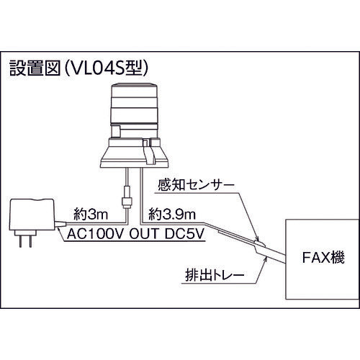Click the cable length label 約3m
[91, 213]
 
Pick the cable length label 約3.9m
[168, 213]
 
